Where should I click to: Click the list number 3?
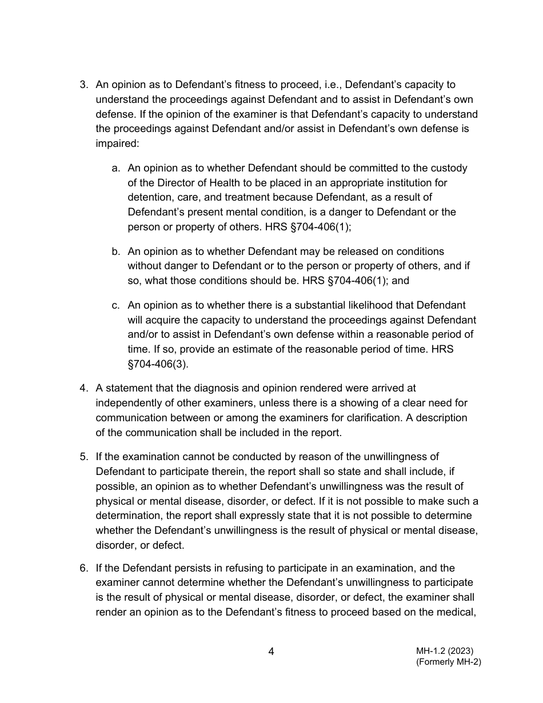83,85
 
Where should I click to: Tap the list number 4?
83,389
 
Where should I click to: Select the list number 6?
83,568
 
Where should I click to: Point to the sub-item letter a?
115,169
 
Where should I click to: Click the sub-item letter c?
115,306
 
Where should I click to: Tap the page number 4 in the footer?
271,652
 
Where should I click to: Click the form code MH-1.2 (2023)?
444,651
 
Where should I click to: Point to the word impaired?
117,144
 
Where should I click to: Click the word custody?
449,169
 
